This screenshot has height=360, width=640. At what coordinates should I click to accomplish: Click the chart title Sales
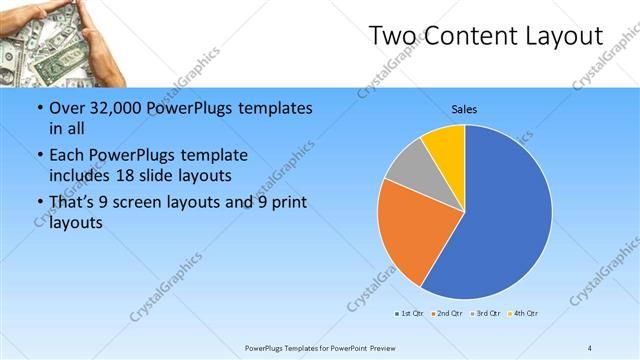464,108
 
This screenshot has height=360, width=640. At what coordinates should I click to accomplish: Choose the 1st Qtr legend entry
409,314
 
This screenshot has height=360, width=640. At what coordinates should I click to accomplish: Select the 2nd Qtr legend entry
446,314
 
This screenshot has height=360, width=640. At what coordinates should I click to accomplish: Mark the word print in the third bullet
287,204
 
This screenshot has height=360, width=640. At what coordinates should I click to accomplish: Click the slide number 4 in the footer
589,347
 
